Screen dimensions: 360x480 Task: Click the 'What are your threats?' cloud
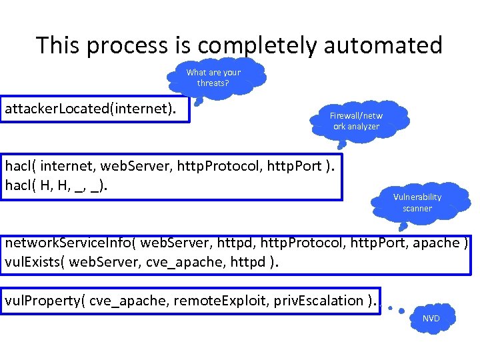pyautogui.click(x=213, y=78)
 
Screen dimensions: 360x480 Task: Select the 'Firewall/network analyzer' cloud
pyautogui.click(x=356, y=121)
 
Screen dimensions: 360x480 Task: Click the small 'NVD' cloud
pyautogui.click(x=431, y=318)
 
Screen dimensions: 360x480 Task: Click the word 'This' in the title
pyautogui.click(x=58, y=45)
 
